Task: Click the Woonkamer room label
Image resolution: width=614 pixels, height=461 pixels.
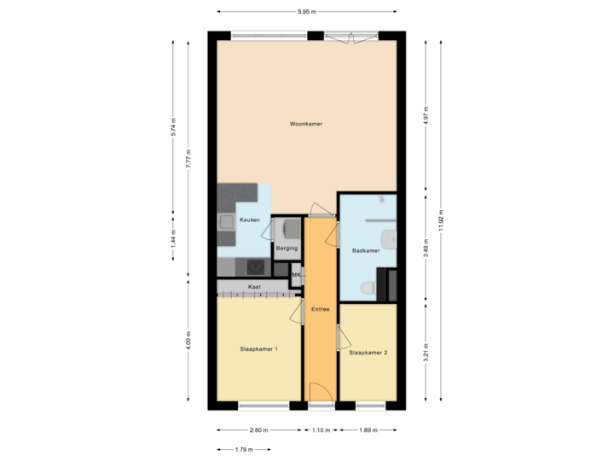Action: [x=306, y=124]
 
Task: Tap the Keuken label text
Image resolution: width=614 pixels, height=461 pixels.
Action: [x=249, y=219]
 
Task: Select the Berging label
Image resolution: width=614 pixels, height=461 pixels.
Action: [x=287, y=248]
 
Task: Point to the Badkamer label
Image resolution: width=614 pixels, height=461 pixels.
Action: [x=366, y=250]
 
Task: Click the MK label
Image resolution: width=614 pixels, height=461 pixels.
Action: [x=296, y=275]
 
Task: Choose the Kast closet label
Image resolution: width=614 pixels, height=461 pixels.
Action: [x=254, y=287]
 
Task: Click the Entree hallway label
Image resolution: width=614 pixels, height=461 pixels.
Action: [x=321, y=308]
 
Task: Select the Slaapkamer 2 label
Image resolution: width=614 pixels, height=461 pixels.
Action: [x=368, y=351]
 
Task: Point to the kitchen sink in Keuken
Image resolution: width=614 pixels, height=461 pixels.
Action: [x=227, y=224]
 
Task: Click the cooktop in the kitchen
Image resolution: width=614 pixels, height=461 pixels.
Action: [x=255, y=267]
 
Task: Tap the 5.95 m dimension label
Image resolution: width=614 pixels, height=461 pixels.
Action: [x=306, y=12]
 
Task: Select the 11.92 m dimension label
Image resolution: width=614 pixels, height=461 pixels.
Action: [x=441, y=219]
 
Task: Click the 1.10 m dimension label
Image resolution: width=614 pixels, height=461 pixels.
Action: [x=320, y=430]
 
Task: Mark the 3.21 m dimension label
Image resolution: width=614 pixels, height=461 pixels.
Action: [x=426, y=351]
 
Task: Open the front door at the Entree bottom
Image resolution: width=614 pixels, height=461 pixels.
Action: [x=321, y=394]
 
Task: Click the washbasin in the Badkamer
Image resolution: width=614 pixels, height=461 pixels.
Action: [x=391, y=238]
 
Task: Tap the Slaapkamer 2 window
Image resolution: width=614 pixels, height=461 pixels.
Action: [x=368, y=403]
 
